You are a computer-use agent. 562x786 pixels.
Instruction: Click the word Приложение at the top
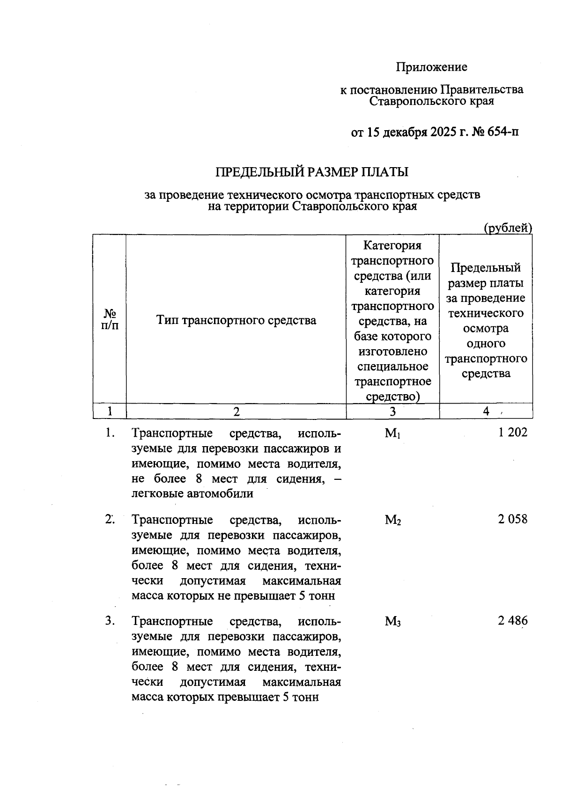[x=431, y=67]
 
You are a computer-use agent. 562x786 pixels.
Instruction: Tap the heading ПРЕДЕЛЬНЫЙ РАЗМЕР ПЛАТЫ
[x=311, y=172]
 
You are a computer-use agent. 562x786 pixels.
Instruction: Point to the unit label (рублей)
[x=508, y=228]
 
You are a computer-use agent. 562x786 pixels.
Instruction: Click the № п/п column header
[x=110, y=319]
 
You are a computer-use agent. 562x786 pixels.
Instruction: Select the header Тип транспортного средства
[x=236, y=320]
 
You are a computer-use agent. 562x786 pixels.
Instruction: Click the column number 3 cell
[x=392, y=411]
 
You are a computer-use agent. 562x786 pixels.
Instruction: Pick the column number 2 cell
[x=236, y=411]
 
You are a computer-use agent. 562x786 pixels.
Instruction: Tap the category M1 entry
[x=392, y=433]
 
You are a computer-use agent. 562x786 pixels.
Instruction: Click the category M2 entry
[x=392, y=520]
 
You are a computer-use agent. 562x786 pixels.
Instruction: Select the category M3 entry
[x=392, y=622]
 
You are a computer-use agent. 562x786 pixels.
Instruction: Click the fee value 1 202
[x=513, y=433]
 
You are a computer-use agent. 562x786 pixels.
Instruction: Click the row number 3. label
[x=110, y=621]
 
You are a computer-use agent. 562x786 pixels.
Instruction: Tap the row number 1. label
[x=110, y=433]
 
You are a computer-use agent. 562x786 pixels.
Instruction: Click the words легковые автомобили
[x=192, y=493]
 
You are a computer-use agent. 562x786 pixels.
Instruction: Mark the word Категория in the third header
[x=392, y=245]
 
